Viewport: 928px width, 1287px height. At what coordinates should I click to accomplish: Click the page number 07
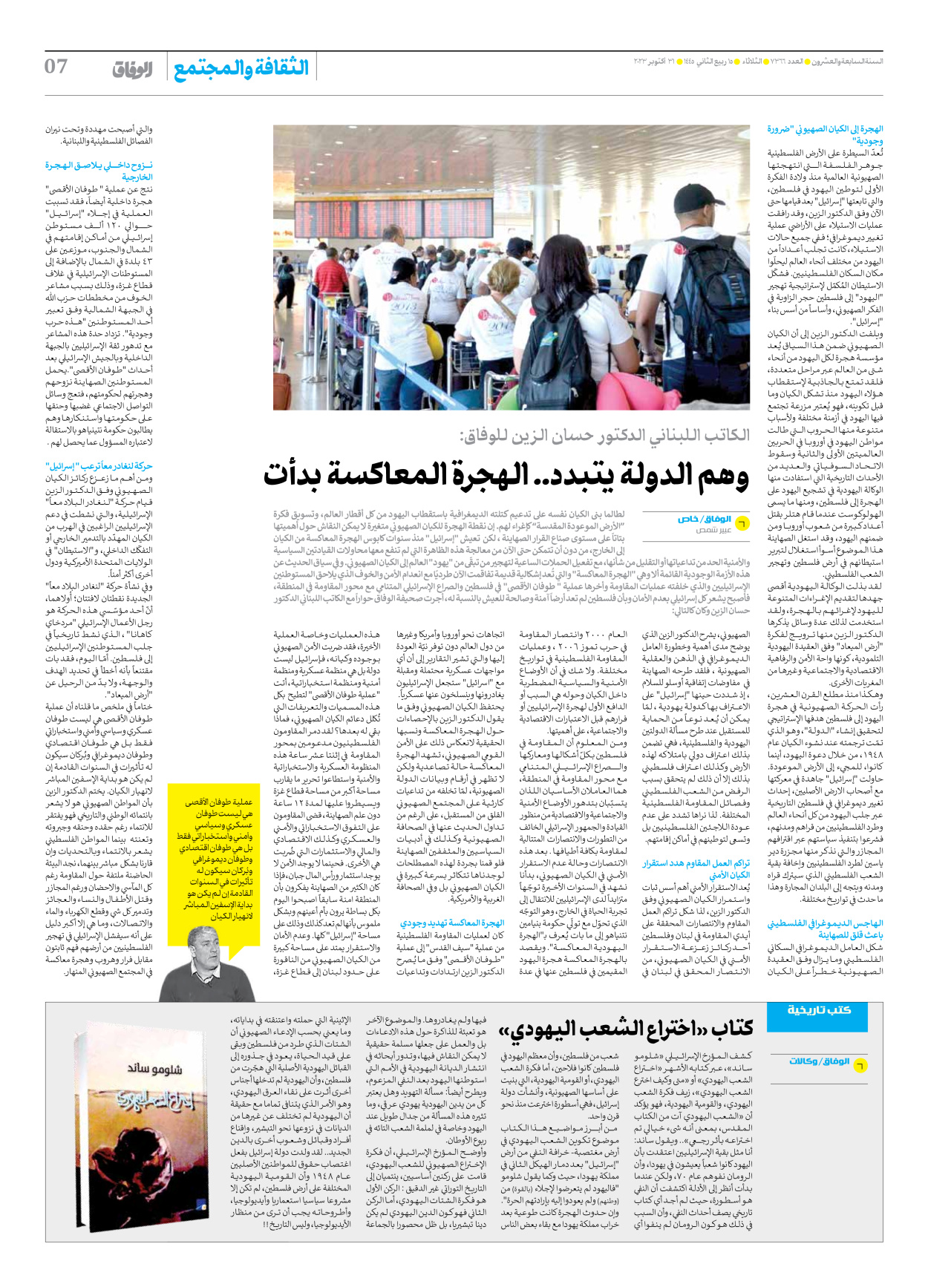pos(56,67)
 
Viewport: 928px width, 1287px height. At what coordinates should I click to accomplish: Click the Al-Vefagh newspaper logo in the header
pos(133,70)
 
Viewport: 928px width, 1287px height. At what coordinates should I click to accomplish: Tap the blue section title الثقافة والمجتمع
pos(241,68)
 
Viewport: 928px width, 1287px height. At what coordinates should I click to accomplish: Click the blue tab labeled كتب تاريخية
pos(819,1009)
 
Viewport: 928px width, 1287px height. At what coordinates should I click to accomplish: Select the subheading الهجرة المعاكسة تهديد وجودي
pos(452,923)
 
